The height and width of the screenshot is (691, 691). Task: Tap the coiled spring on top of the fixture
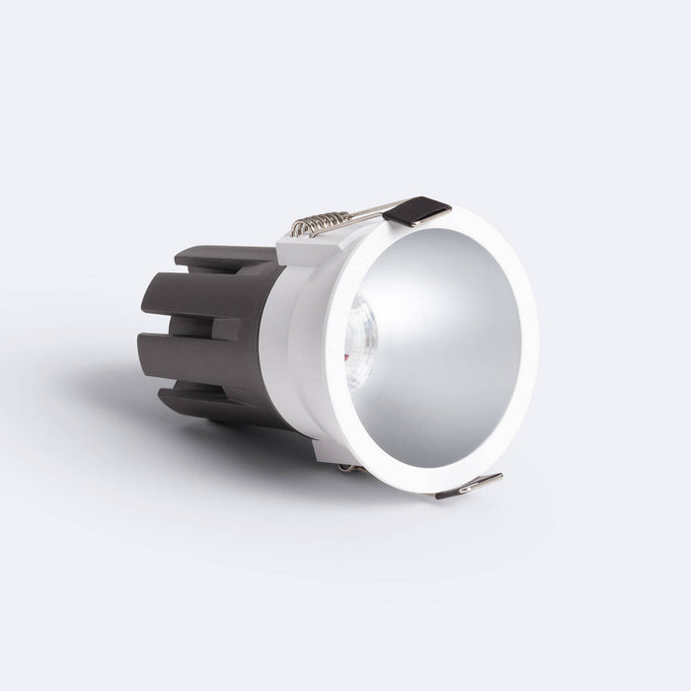point(324,224)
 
